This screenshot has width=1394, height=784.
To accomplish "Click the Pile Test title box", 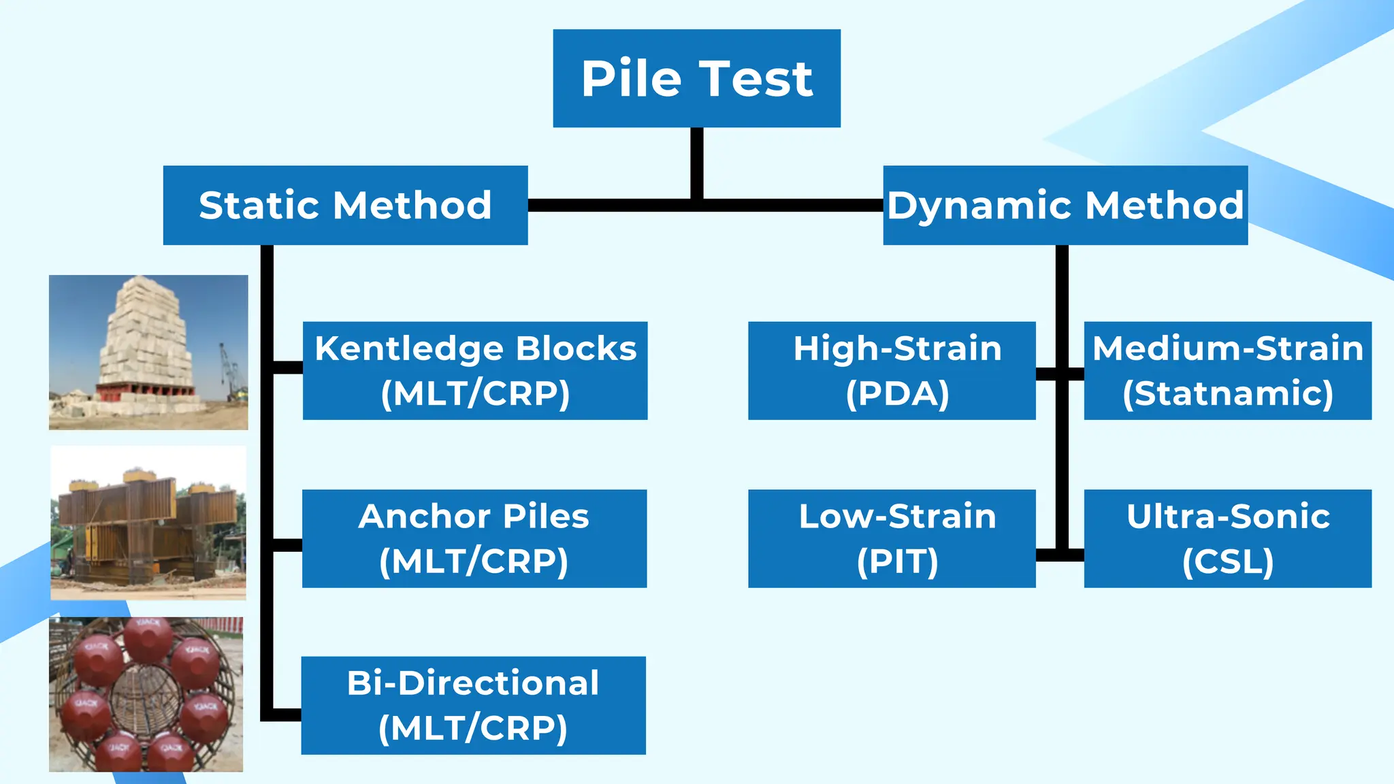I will pyautogui.click(x=696, y=78).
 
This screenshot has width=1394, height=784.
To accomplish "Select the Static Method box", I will pyautogui.click(x=345, y=205).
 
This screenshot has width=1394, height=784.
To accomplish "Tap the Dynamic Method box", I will pyautogui.click(x=1065, y=205).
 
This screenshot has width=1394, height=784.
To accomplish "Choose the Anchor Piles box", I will pyautogui.click(x=474, y=538).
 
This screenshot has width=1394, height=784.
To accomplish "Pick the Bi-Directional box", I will pyautogui.click(x=473, y=705).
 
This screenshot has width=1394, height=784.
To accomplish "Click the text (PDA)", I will pyautogui.click(x=897, y=393).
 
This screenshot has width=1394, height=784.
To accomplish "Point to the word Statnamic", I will pyautogui.click(x=1228, y=393).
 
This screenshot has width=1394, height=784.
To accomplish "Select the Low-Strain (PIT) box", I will pyautogui.click(x=892, y=538).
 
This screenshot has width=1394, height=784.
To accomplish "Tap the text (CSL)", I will pyautogui.click(x=1228, y=561).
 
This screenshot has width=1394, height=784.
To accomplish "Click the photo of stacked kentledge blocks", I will pyautogui.click(x=148, y=352).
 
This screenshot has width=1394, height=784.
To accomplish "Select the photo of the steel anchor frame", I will pyautogui.click(x=148, y=523).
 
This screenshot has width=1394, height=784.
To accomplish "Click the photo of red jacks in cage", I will pyautogui.click(x=146, y=694).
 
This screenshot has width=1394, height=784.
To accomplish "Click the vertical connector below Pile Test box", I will pyautogui.click(x=696, y=163).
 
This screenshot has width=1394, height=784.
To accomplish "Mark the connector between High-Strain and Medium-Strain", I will pyautogui.click(x=1060, y=373).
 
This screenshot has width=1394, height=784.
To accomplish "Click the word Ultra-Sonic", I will pyautogui.click(x=1228, y=516).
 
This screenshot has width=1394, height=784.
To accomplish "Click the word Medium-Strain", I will pyautogui.click(x=1228, y=348).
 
